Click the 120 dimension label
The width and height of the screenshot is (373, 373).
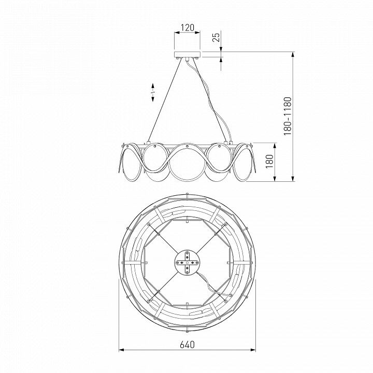point(187,28)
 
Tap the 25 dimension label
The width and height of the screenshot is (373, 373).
point(216,37)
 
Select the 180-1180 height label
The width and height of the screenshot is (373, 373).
point(288,116)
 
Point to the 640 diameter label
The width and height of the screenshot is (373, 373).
point(187,345)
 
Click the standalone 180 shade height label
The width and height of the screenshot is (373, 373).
point(269,161)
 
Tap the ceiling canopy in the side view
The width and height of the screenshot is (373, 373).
point(187,54)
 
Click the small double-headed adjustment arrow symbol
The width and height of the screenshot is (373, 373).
point(153,92)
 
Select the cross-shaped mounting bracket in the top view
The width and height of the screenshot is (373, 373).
point(187,263)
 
